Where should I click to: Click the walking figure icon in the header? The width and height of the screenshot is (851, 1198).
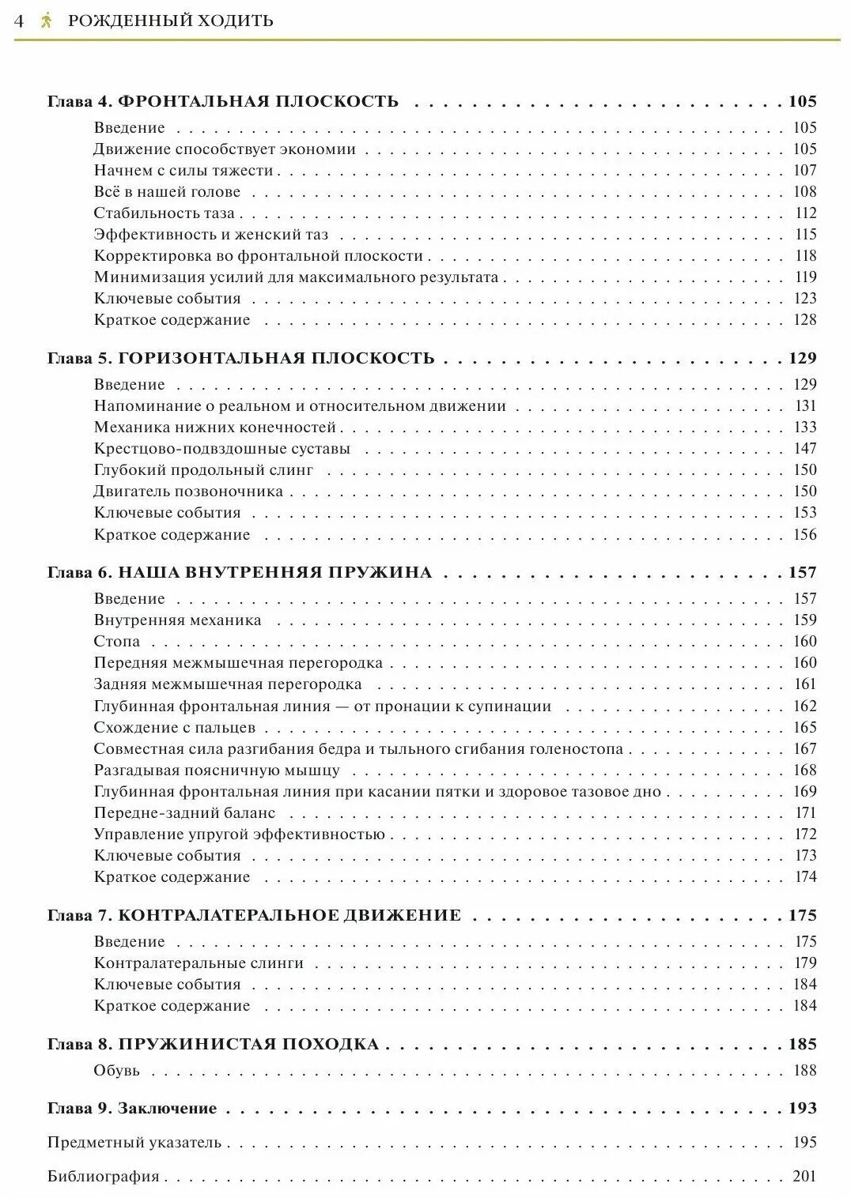(46, 21)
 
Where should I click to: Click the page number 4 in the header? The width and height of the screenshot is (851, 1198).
(19, 21)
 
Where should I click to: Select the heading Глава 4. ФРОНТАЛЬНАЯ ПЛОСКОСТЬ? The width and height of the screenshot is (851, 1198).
(223, 101)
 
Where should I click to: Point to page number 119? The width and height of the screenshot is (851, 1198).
(805, 277)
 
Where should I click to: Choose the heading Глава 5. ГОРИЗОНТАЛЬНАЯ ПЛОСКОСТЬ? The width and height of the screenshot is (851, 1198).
(240, 358)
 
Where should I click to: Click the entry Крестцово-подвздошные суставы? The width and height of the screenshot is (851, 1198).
(221, 449)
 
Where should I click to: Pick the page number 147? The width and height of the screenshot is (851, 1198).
(805, 449)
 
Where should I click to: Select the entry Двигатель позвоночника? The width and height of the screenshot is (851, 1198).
(188, 492)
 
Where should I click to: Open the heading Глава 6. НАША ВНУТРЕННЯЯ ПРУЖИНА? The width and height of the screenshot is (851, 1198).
(240, 573)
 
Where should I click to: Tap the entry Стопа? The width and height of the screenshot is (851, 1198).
(116, 642)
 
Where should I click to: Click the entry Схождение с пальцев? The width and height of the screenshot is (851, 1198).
(175, 728)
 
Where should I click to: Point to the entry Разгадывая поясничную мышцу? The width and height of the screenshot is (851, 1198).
(217, 770)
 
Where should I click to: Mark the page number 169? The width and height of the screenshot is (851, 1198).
(805, 792)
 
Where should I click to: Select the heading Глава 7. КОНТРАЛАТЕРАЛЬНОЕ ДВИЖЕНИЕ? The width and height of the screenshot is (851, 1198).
(254, 916)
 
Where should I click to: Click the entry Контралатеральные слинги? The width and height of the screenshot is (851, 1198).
(199, 963)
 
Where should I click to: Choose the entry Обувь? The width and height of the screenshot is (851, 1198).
(116, 1071)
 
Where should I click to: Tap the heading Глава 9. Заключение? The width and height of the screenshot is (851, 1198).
(132, 1109)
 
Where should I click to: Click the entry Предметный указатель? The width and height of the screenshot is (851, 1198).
(134, 1143)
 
